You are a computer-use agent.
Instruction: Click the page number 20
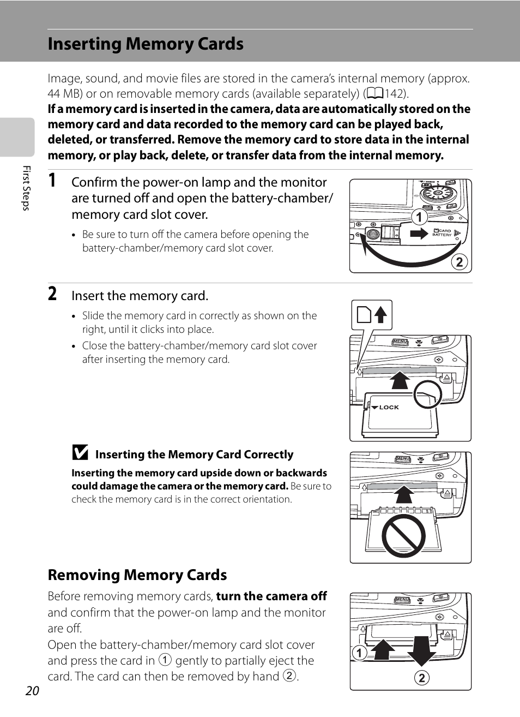[32, 691]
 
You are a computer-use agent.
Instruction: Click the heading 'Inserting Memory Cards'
[146, 44]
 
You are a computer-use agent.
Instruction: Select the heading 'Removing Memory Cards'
[137, 575]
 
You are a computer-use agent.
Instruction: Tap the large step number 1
[52, 181]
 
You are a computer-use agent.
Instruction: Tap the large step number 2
[52, 294]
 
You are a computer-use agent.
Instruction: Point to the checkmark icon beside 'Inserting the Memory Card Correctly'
[80, 453]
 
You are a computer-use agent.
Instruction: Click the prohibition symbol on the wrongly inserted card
[403, 535]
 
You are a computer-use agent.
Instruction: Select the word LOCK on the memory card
[389, 407]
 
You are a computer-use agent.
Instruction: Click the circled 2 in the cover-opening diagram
[459, 262]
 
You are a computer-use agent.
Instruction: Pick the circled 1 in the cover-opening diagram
[419, 217]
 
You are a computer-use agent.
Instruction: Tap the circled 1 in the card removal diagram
[359, 653]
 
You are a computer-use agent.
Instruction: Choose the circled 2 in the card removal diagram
[421, 678]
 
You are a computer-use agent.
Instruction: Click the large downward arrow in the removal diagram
[421, 649]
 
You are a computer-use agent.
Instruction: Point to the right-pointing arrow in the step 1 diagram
[419, 234]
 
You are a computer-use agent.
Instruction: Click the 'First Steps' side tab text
[26, 188]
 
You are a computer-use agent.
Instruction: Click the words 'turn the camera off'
[271, 596]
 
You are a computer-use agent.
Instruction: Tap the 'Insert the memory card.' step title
[140, 296]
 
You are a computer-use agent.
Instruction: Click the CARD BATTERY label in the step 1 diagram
[443, 233]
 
